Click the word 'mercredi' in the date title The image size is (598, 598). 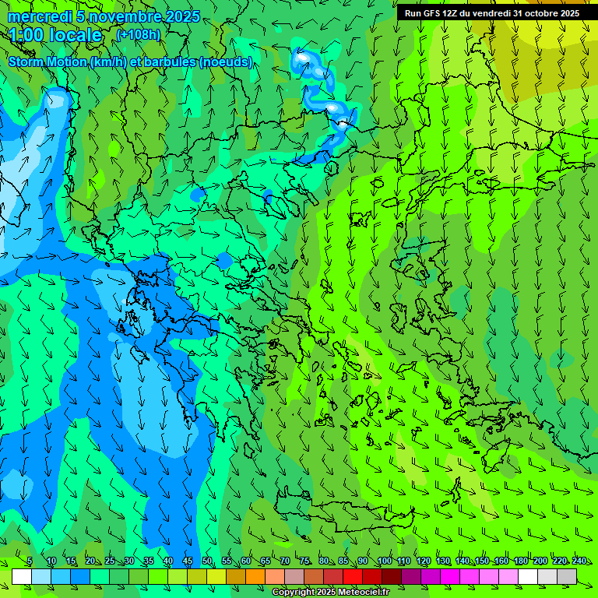click(38, 16)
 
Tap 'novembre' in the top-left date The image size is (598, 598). click(123, 16)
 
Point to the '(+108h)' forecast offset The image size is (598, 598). click(138, 34)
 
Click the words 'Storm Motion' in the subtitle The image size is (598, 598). click(47, 62)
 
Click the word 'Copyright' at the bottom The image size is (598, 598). click(294, 593)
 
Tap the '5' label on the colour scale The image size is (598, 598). click(30, 561)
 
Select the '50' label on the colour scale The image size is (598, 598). click(207, 561)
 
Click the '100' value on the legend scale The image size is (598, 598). click(384, 561)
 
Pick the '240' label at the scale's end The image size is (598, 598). click(579, 561)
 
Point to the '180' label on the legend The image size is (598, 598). click(520, 561)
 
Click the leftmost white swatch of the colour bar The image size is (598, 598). click(22, 576)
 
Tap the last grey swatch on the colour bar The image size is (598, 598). click(567, 576)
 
